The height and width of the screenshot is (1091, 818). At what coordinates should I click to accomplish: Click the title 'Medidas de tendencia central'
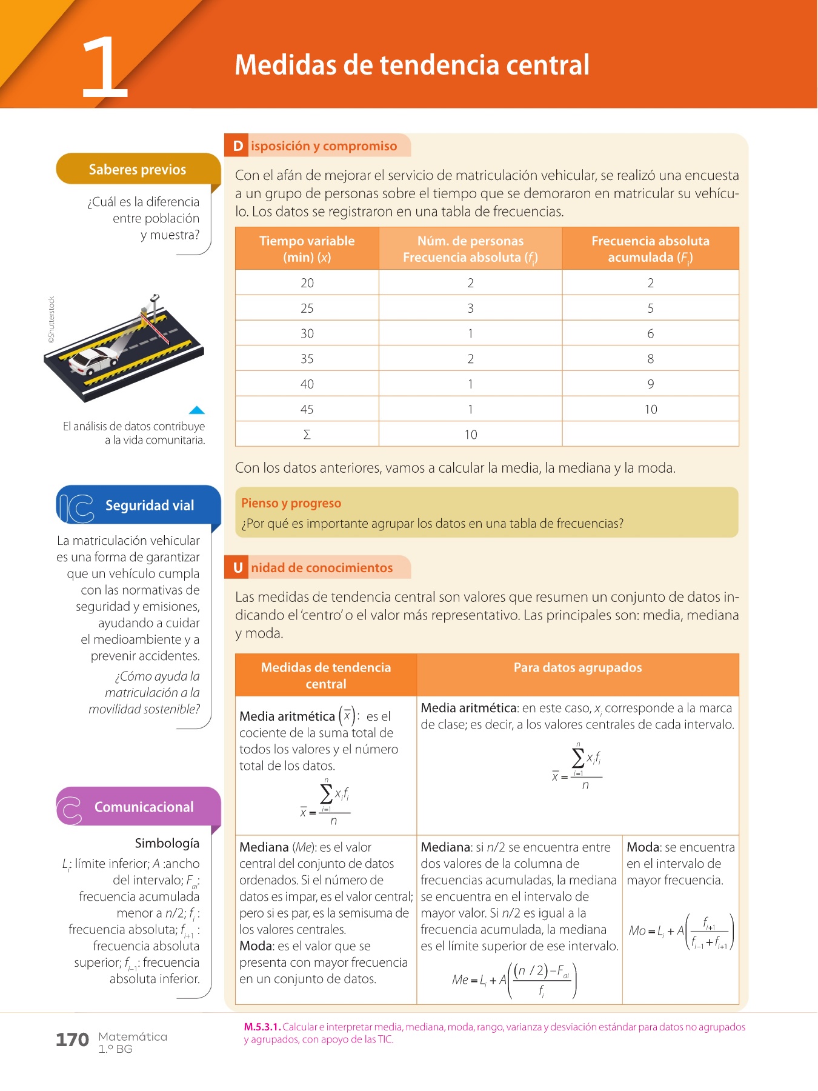[412, 65]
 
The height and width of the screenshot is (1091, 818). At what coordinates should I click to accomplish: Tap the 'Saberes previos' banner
[138, 169]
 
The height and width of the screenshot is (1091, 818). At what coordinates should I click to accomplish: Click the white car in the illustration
[92, 361]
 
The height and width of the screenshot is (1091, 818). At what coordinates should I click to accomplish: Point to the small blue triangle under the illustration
[197, 410]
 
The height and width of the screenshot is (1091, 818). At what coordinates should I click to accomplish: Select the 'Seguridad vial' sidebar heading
[150, 505]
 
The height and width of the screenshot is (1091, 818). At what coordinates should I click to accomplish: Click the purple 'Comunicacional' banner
[144, 807]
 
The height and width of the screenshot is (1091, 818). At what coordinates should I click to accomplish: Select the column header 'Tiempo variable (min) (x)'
[307, 249]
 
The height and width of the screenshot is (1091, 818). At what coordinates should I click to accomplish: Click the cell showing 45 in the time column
[307, 409]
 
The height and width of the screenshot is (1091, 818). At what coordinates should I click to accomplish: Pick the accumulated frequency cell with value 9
[650, 384]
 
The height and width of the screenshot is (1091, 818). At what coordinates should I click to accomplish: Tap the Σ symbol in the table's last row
[307, 435]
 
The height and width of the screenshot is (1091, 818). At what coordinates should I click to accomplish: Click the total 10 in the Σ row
[471, 435]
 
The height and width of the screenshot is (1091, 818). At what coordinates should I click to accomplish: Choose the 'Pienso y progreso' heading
[291, 503]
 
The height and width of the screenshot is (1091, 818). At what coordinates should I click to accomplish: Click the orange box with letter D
[238, 146]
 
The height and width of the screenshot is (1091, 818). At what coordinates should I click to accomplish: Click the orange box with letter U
[238, 568]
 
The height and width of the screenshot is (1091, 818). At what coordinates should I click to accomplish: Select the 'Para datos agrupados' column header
[577, 667]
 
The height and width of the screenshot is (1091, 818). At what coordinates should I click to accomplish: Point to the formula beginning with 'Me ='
[514, 979]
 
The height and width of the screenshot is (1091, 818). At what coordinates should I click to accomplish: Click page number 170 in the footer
[72, 1040]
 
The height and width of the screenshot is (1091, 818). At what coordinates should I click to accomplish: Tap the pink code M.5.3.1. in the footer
[262, 1027]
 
